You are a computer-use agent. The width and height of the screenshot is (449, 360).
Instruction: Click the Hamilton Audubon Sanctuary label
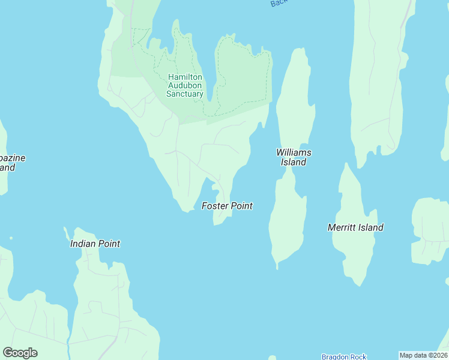pos(185,85)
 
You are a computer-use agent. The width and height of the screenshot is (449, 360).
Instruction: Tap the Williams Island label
pos(294,157)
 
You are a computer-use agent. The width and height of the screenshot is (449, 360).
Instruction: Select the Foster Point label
pos(227,206)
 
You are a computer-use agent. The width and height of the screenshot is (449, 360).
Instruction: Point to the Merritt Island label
pos(355,227)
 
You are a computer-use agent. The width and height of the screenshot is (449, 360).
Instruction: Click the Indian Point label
pos(95,244)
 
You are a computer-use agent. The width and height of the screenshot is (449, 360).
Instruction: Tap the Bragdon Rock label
pos(343,356)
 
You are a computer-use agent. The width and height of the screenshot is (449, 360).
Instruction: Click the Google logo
pos(20,353)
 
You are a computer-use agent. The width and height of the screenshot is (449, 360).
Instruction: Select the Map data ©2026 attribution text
pos(423,355)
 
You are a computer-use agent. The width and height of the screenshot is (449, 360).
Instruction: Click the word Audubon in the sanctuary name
pos(185,85)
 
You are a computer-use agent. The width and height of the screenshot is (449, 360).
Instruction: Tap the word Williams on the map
pos(294,152)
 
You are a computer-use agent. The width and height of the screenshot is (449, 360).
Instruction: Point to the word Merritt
pos(342,227)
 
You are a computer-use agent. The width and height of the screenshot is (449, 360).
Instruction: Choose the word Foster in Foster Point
pos(215,206)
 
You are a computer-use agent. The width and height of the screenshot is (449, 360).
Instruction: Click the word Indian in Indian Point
pos(82,244)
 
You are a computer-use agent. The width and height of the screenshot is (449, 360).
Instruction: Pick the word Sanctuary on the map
pos(185,94)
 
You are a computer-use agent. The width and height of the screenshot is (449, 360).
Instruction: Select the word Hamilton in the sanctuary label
pos(185,77)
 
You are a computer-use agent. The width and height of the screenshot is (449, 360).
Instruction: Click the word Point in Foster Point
pos(241,206)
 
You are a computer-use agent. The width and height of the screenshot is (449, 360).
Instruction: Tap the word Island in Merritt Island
pos(371,227)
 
